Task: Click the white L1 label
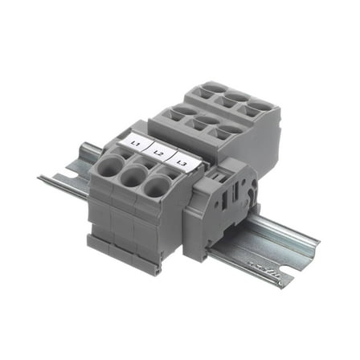point(136,143)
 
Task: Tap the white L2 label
point(158,152)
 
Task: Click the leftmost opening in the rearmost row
point(212,90)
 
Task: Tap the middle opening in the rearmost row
point(235,99)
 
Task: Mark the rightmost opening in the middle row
point(228,129)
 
